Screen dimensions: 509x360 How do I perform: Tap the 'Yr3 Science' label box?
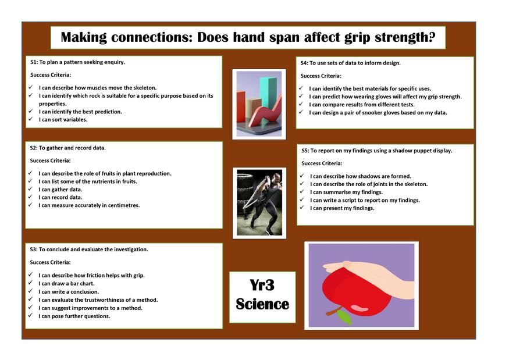[x=262, y=297]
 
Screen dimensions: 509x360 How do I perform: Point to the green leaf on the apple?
[x=344, y=317]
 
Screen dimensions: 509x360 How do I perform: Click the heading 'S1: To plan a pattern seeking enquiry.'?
[x=77, y=62]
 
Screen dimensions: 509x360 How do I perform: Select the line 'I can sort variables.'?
[x=63, y=119]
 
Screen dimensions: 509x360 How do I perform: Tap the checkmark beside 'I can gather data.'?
[x=30, y=189]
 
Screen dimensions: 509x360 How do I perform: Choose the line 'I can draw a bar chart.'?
[x=66, y=283]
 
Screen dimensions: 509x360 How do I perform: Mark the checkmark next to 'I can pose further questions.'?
[x=30, y=316]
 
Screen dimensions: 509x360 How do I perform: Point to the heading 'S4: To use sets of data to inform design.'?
[x=351, y=63]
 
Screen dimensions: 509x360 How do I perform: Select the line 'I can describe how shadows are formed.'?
[x=360, y=176]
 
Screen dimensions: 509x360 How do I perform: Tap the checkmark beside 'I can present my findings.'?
[x=302, y=208]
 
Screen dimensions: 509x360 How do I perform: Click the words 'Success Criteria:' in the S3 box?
[x=50, y=262]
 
